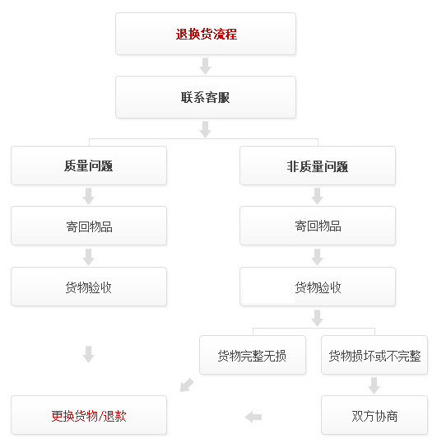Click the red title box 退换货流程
(206, 34)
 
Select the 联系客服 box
(206, 97)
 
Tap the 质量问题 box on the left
(89, 166)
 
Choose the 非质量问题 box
(318, 166)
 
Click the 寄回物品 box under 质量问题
(89, 226)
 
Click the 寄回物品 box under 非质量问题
(318, 226)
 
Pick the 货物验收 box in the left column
(89, 287)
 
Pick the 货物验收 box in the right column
(318, 287)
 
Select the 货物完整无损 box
(253, 355)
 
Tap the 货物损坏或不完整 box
(374, 355)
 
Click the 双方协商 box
(374, 415)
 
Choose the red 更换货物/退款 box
(89, 415)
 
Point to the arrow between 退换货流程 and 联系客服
(205, 66)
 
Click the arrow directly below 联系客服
(205, 129)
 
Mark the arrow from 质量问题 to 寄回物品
(89, 196)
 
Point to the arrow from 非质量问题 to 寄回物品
(317, 196)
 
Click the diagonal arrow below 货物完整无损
(187, 385)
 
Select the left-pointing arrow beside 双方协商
(253, 418)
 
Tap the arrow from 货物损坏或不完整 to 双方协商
(374, 385)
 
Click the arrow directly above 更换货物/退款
(89, 354)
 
